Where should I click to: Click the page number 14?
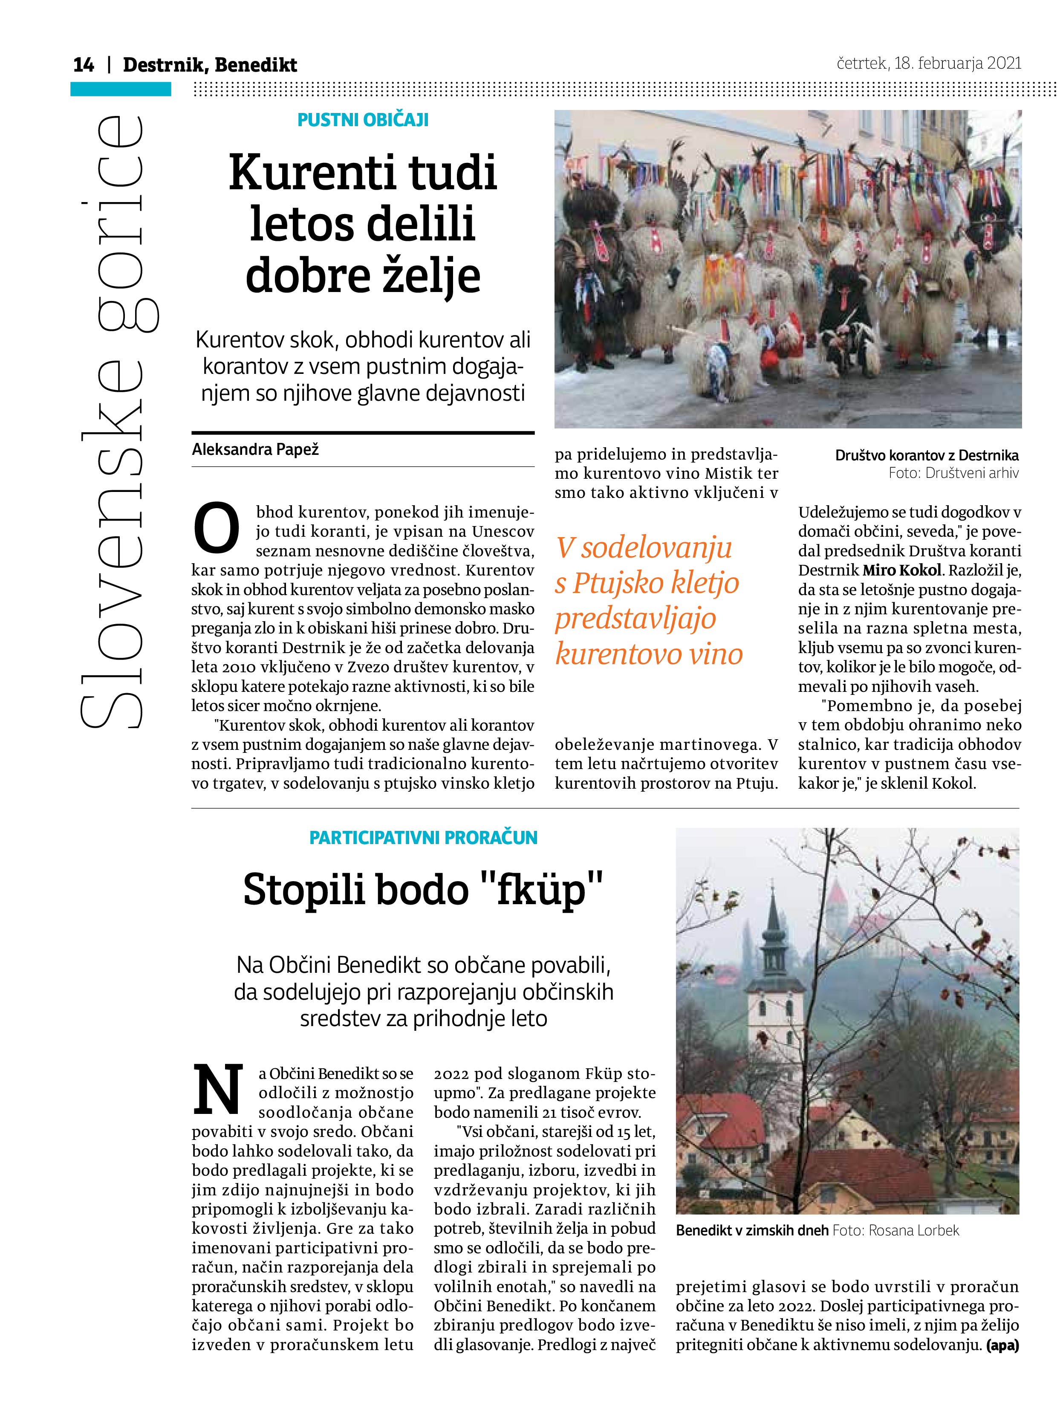tap(83, 65)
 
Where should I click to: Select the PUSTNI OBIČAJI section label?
tap(363, 120)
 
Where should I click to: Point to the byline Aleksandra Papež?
tap(255, 449)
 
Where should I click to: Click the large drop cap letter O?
tap(216, 529)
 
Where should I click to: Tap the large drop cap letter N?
tap(218, 1089)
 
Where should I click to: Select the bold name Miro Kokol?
tap(901, 570)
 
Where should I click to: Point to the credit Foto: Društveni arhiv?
tap(953, 473)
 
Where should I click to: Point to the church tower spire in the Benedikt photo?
tap(773, 909)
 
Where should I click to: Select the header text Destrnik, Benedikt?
tap(210, 65)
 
